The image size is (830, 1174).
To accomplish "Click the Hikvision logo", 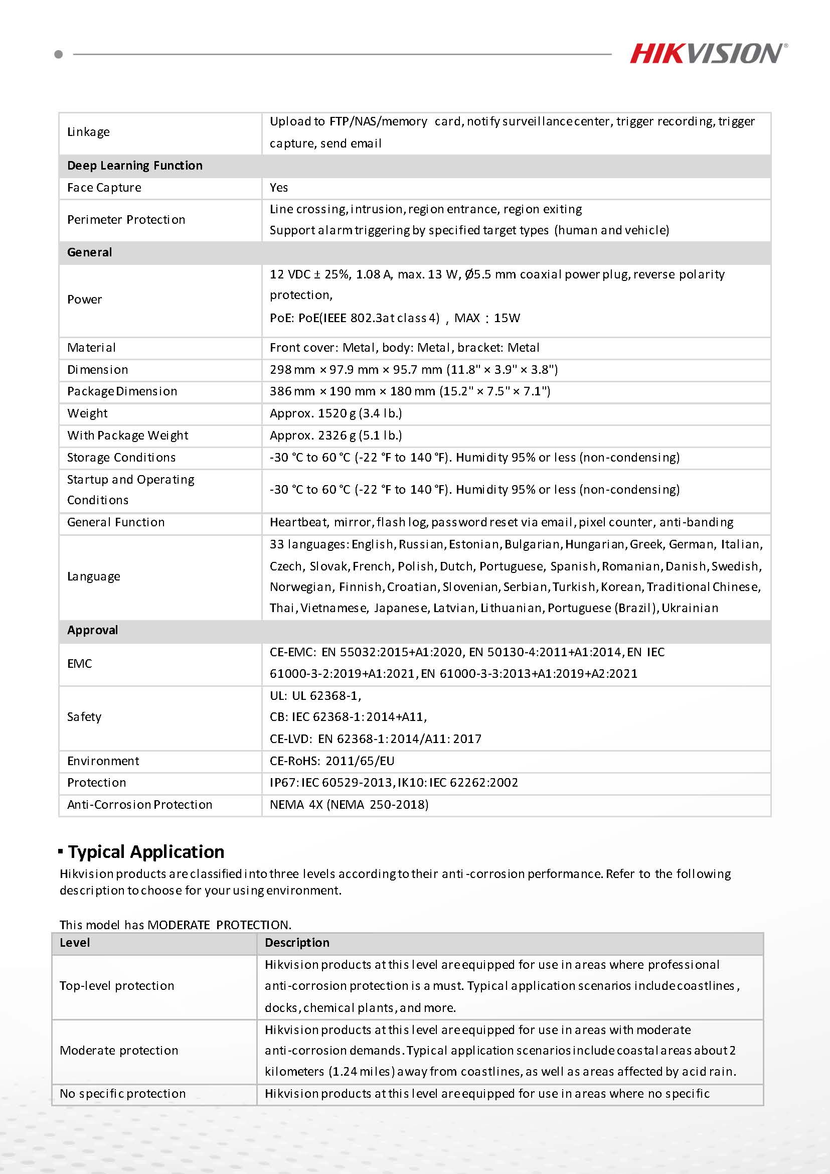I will pos(708,54).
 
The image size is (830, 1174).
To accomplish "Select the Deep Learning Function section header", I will pos(135,166).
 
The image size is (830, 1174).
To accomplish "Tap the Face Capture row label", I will pos(104,188).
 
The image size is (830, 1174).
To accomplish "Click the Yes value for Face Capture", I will pos(279,188).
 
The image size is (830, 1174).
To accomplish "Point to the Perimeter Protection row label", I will pos(126,220).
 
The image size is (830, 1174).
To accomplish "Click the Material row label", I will pos(91,348).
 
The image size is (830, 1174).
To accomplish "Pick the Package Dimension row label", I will pos(122,391).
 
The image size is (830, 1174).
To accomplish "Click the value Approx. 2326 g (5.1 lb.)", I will pos(336,435).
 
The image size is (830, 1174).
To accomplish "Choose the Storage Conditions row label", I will pos(121,457).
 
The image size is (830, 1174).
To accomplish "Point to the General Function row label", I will pos(116,522).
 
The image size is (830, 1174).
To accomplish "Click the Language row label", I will pos(93,576).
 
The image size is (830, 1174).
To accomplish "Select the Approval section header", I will pos(92,630).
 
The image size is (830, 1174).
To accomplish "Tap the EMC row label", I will pos(80,663).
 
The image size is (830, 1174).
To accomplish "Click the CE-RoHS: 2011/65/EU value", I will pos(332,761).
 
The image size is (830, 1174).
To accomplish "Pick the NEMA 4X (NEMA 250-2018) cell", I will pos(349,804).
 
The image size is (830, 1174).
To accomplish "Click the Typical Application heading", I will pos(146,851).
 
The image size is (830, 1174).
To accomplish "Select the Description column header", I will pos(297,942).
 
